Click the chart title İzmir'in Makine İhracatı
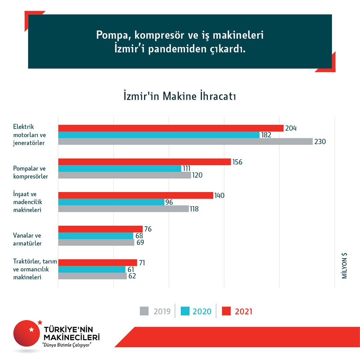[x=180, y=96]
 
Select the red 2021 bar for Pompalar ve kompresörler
[x=144, y=162]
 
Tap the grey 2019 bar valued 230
[x=185, y=142]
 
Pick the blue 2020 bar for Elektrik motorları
[x=159, y=135]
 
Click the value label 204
[x=291, y=128]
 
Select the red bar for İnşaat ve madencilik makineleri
[x=136, y=195]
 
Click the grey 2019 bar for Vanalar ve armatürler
[x=96, y=243]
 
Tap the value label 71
[x=142, y=263]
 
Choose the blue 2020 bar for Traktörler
[x=92, y=269]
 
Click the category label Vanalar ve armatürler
[x=27, y=239]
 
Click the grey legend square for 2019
[x=144, y=311]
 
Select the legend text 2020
[x=202, y=311]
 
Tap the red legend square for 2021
[x=227, y=311]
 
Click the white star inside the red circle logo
[x=31, y=330]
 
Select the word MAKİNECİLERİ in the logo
[x=72, y=337]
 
